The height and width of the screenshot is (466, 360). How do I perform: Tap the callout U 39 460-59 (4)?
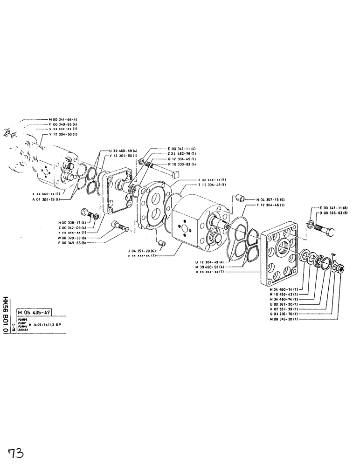pos(123,151)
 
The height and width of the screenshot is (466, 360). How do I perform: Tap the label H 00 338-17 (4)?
pos(74,223)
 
